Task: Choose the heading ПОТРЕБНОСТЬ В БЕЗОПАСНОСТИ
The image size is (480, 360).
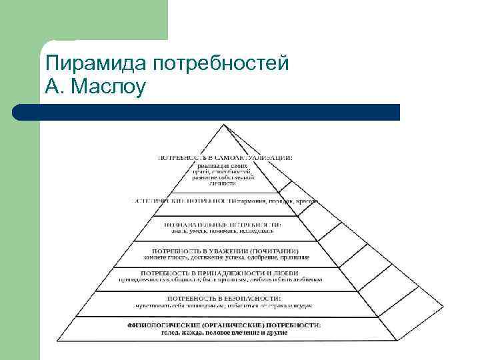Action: click(223, 297)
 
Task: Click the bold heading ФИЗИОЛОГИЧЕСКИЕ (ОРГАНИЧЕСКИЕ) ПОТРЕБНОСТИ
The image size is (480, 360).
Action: click(224, 325)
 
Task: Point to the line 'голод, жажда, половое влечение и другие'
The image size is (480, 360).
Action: click(225, 332)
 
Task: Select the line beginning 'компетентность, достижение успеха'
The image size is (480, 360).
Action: click(225, 257)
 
